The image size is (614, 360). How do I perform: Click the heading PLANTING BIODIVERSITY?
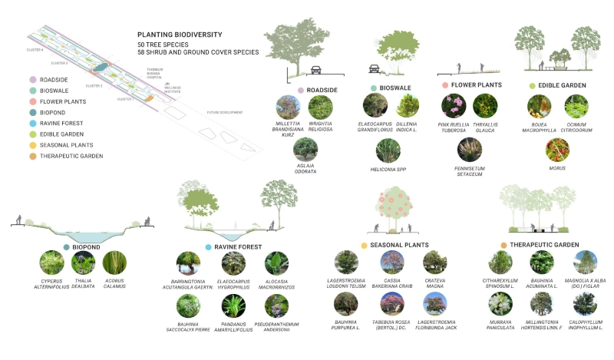tap(180, 35)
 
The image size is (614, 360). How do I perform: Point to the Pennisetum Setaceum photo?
tap(469, 149)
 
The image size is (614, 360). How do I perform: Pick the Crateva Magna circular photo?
tap(434, 263)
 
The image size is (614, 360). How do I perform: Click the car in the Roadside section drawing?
tap(315, 71)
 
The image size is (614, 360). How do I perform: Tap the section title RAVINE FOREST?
tap(238, 247)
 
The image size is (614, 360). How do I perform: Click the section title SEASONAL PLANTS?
tap(397, 245)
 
